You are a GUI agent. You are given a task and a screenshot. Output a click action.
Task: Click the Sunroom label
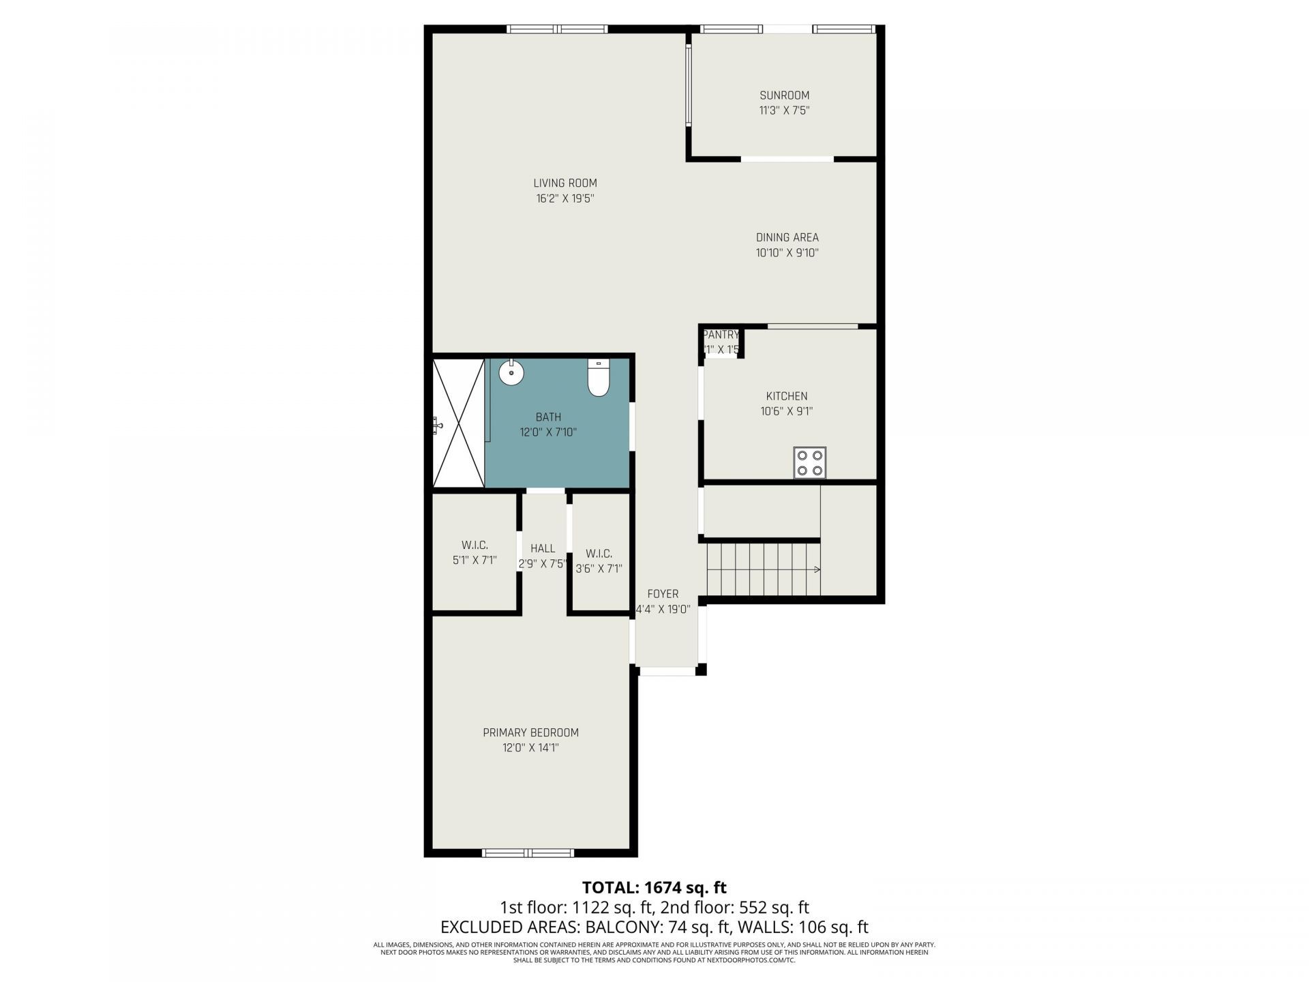click(x=784, y=95)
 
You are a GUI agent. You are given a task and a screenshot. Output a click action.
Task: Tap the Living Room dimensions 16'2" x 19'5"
click(x=565, y=199)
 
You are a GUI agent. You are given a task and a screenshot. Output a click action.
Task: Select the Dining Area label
click(x=787, y=237)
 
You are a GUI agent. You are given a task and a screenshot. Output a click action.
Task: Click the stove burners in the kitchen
click(x=810, y=462)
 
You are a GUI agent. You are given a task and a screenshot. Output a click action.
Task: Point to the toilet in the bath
click(x=598, y=378)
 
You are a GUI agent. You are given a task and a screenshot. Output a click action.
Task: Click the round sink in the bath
click(x=511, y=373)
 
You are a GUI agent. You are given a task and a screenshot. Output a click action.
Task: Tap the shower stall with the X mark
click(x=458, y=423)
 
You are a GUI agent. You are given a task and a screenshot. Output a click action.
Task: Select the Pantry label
click(x=721, y=335)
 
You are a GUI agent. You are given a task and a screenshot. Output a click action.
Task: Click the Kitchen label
click(x=786, y=396)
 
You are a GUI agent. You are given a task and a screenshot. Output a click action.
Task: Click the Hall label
click(x=543, y=548)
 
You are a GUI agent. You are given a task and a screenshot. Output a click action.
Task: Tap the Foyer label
click(x=663, y=594)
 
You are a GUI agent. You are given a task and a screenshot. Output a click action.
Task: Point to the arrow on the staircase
click(x=816, y=569)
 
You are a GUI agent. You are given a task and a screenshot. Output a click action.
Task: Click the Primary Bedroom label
click(x=530, y=732)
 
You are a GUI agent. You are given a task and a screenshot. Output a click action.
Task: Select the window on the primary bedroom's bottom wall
click(x=528, y=852)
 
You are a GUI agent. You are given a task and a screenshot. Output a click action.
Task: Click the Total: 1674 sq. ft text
click(x=654, y=887)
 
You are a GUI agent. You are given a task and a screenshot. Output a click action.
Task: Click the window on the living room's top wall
click(x=557, y=29)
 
